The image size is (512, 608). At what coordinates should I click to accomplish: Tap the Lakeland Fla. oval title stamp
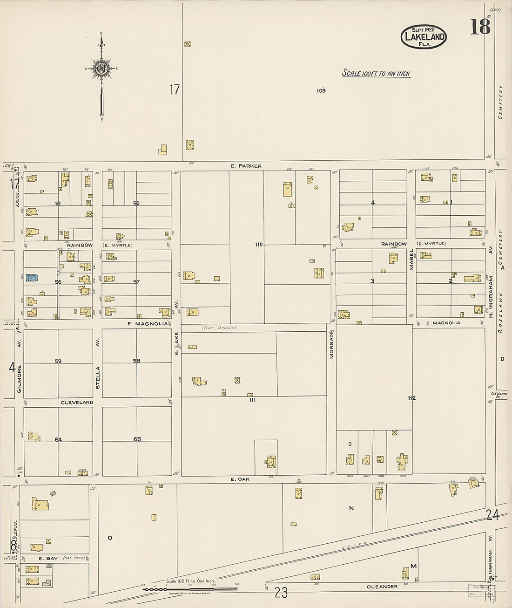(424, 36)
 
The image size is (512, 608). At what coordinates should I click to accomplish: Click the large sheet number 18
(480, 27)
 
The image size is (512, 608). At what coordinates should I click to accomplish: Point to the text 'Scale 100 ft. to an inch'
(376, 73)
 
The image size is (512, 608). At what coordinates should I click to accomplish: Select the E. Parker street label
(246, 166)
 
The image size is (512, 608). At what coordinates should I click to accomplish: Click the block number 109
(321, 91)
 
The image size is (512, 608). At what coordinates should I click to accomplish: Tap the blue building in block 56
(32, 278)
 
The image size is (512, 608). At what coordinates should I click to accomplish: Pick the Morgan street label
(332, 344)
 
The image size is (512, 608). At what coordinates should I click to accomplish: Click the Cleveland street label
(77, 402)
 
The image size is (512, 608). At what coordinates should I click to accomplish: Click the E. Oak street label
(240, 479)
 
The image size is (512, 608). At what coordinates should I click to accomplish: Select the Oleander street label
(382, 587)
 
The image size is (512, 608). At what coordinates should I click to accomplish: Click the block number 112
(411, 398)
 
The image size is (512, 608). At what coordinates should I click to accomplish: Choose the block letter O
(110, 538)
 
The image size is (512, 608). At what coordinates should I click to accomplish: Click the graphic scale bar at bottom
(190, 589)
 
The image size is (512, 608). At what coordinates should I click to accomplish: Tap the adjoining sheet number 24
(492, 515)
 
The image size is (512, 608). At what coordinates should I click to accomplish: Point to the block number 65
(137, 439)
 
